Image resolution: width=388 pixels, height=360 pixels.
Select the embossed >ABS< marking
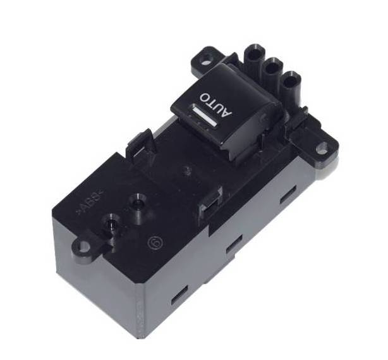tap(90, 203)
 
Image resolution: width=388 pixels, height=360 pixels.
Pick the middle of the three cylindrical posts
tap(273, 68)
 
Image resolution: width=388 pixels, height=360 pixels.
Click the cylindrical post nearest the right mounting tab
tap(291, 82)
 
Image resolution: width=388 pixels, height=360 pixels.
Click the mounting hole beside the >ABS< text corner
tap(82, 247)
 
